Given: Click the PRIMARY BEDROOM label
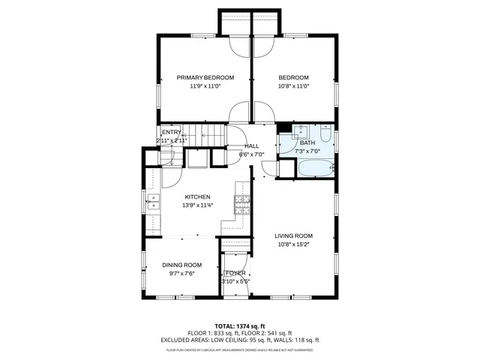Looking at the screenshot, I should click(205, 77).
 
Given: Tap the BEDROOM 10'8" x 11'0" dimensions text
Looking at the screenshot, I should click(293, 86).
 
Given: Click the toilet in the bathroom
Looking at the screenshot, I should click(325, 135).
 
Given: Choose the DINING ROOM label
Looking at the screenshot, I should click(182, 265).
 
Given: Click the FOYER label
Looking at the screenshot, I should click(235, 273).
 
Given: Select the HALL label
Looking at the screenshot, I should click(252, 146).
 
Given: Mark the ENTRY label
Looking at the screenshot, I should click(171, 133).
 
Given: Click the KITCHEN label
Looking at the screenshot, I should click(198, 196).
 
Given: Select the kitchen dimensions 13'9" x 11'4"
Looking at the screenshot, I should click(198, 205).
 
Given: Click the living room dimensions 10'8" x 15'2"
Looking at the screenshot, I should click(293, 244).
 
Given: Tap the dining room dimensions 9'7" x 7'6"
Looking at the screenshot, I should click(182, 274).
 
